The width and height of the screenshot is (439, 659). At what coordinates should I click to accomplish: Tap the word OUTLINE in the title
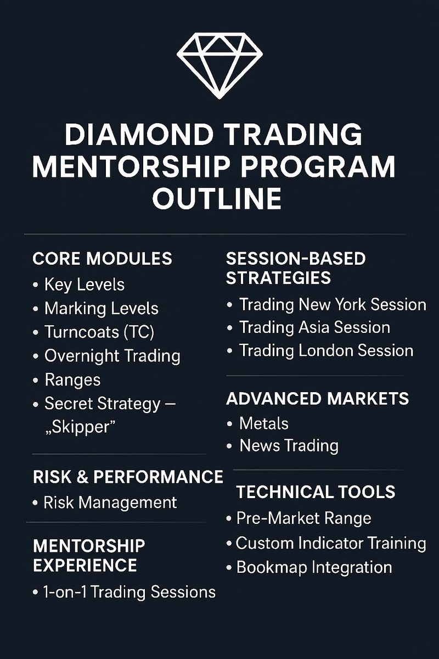[x=217, y=198]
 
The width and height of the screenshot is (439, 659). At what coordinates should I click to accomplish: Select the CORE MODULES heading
[x=102, y=258]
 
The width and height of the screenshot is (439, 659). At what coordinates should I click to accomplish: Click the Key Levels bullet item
[x=84, y=284]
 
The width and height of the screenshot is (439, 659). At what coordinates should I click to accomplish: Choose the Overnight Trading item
[x=112, y=355]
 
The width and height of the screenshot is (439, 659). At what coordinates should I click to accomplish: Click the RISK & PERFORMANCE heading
[x=128, y=477]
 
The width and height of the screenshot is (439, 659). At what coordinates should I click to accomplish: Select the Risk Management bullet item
[x=110, y=502]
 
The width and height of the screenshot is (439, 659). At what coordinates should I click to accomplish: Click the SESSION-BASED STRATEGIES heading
[x=295, y=268]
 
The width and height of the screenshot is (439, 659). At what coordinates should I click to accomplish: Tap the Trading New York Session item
[x=332, y=304]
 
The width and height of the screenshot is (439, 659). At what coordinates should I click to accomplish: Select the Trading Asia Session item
[x=314, y=327]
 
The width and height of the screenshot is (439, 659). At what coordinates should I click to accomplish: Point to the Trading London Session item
[x=326, y=350]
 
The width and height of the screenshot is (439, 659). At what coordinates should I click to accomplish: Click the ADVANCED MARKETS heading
[x=317, y=398]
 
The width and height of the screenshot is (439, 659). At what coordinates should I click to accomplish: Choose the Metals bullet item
[x=263, y=423]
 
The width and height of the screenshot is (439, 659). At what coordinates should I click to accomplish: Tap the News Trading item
[x=288, y=445]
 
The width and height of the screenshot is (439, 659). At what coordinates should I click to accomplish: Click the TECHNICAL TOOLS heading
[x=316, y=492]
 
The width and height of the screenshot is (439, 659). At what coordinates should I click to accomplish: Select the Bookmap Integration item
[x=314, y=567]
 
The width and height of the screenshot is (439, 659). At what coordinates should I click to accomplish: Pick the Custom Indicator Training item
[x=330, y=543]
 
